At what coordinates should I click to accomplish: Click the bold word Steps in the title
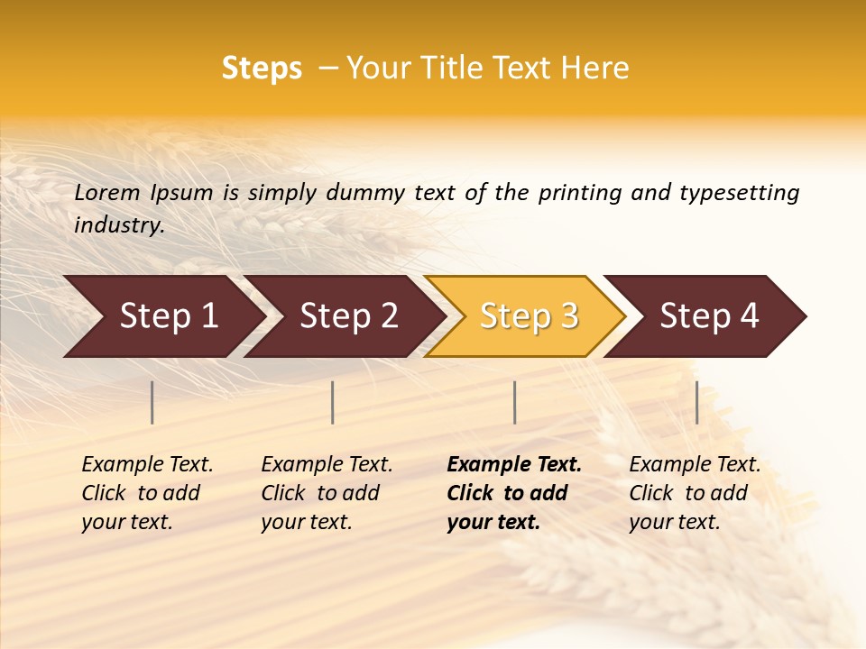click(x=262, y=69)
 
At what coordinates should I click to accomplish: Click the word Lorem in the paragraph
click(x=106, y=193)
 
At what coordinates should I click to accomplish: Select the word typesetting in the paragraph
click(x=739, y=193)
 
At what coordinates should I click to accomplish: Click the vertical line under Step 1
click(x=152, y=402)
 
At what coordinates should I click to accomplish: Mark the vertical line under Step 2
click(x=333, y=402)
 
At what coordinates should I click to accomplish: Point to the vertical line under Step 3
click(x=514, y=402)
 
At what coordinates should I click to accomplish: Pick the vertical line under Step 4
click(x=696, y=402)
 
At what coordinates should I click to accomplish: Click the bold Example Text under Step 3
click(x=514, y=465)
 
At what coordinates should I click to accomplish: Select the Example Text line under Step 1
click(x=147, y=465)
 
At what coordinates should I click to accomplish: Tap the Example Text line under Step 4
click(x=695, y=465)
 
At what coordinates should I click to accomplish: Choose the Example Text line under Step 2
click(x=327, y=465)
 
